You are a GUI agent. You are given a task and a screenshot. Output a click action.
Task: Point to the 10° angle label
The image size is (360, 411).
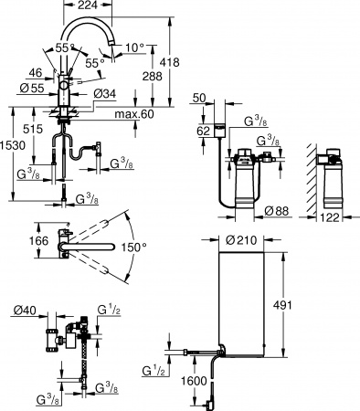136,46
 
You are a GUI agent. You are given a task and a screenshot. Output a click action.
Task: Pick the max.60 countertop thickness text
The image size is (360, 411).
133,113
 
